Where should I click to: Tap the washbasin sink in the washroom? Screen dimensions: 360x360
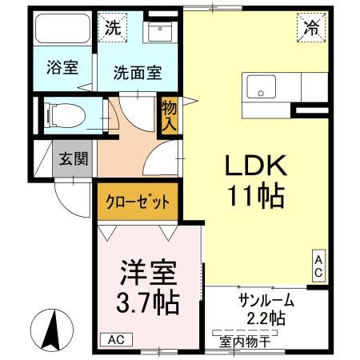point(158,33)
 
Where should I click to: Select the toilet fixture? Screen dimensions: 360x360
point(64,114)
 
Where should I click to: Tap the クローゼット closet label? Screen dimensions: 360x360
point(138,202)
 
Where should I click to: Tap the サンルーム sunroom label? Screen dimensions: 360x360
point(266,302)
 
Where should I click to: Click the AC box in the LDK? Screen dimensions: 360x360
point(318,266)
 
